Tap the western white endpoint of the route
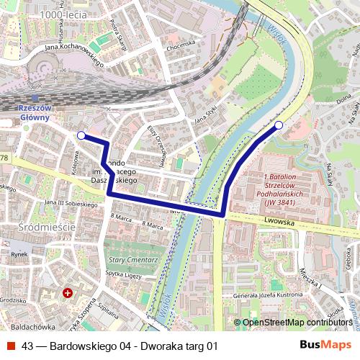click(81, 135)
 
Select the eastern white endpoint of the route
click(279, 126)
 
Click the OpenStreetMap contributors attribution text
click(296, 322)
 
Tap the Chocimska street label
click(181, 45)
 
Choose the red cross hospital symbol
click(68, 294)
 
